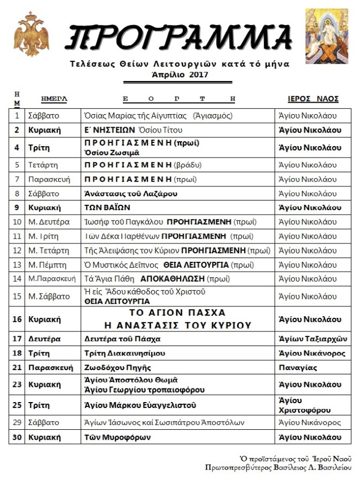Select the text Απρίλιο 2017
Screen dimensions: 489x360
click(179, 74)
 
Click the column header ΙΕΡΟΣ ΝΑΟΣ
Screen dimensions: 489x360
click(313, 99)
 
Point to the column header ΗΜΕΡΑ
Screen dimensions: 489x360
click(54, 99)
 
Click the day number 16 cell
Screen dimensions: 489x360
click(17, 319)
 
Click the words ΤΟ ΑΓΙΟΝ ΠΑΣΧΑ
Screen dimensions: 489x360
click(177, 313)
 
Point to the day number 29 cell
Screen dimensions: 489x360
click(17, 423)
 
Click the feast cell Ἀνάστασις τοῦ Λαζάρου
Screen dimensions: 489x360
click(131, 193)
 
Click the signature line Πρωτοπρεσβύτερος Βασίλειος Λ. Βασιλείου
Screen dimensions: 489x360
click(278, 467)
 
